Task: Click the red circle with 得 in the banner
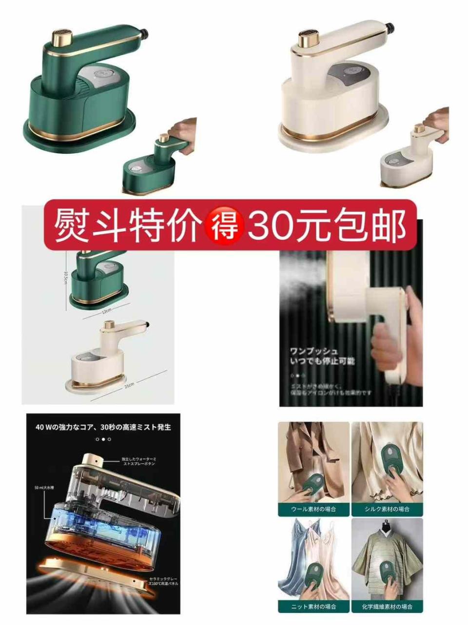pyautogui.click(x=224, y=226)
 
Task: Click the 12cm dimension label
pyautogui.click(x=106, y=311)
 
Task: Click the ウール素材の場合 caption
pyautogui.click(x=313, y=509)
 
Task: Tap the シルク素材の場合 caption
pyautogui.click(x=387, y=509)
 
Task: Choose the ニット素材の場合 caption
pyautogui.click(x=313, y=606)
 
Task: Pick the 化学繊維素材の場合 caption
pyautogui.click(x=387, y=606)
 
